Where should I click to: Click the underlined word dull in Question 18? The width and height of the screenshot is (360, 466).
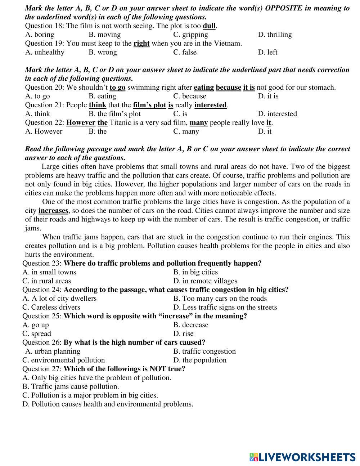point(209,26)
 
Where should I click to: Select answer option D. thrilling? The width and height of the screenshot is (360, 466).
point(275,35)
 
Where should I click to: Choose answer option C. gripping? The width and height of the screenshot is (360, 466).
point(190,35)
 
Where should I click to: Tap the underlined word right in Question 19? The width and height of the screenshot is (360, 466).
point(141,44)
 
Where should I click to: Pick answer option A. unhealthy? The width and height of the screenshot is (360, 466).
point(45,52)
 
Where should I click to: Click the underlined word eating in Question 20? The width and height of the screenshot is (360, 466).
point(204,88)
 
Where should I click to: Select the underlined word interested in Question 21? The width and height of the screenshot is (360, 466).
point(211,105)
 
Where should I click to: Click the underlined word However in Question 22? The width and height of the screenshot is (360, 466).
point(81,123)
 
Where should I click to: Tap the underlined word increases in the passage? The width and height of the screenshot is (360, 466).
point(53,211)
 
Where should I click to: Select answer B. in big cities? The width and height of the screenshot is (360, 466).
point(195,272)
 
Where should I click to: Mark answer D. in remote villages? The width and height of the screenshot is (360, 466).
point(205,281)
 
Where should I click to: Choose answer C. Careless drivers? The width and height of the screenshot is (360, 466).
point(51,307)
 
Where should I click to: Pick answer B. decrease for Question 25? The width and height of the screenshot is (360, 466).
point(191,325)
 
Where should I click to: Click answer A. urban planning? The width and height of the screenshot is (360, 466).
point(53,351)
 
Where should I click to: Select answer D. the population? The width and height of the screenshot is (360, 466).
point(200,360)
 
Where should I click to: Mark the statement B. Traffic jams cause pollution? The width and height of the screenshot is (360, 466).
point(71,386)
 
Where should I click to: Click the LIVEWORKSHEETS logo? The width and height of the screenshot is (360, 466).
point(302,457)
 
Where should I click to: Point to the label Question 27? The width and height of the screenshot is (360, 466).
point(42,369)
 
